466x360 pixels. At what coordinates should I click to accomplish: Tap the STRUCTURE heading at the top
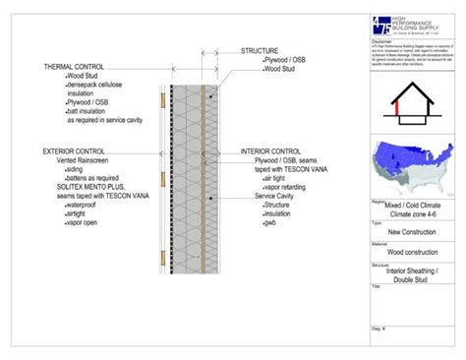(260, 50)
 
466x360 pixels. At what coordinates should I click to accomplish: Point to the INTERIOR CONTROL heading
(276, 151)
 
